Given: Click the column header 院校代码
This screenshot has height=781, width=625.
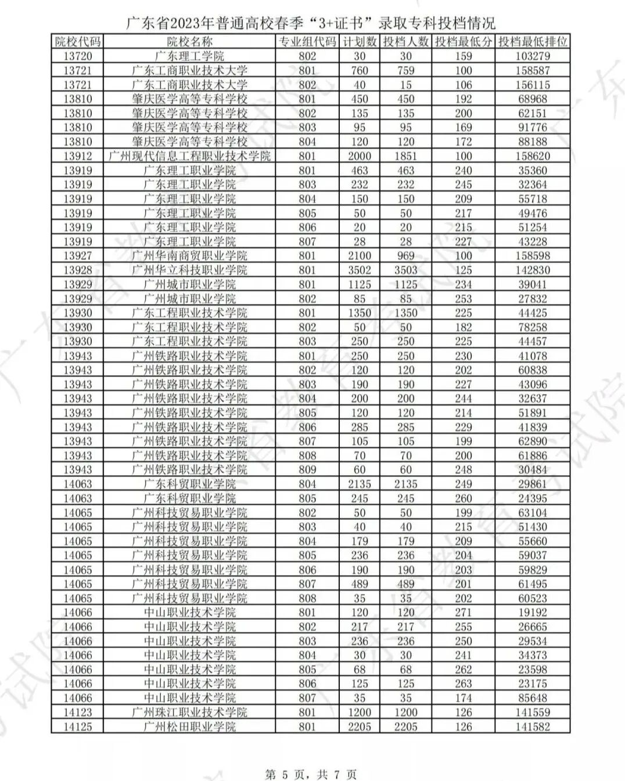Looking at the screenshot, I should (x=77, y=41).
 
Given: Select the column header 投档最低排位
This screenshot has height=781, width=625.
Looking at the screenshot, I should (x=533, y=41).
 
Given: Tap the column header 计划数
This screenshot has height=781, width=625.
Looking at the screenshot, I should (x=360, y=41).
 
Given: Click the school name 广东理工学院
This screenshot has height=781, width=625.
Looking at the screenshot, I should (x=190, y=56).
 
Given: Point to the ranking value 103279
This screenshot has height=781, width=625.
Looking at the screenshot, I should (x=533, y=56).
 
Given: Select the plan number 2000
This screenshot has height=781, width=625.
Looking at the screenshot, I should (x=360, y=156).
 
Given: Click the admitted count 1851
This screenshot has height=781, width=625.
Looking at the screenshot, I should (x=405, y=156).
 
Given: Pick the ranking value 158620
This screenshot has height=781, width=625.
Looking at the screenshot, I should (x=533, y=156).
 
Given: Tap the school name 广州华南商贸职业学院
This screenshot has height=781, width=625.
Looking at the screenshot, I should (x=190, y=256).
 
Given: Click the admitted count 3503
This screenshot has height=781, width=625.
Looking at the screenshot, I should (x=405, y=270).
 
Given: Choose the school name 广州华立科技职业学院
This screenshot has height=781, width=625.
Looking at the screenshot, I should (x=190, y=270).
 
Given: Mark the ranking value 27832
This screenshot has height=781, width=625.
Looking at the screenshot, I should (x=533, y=299).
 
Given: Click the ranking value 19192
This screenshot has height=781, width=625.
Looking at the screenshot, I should (x=533, y=612).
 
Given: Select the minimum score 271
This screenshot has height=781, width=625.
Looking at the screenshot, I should (x=464, y=612).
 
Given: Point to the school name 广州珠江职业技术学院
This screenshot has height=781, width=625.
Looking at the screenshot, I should (x=190, y=713).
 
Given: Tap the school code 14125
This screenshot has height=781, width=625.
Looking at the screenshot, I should (x=77, y=726).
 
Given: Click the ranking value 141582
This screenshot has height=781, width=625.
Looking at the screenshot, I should (x=533, y=726).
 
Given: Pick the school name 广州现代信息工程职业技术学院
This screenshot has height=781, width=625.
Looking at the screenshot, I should (x=190, y=156).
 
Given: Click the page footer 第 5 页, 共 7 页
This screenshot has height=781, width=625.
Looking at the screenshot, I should (x=311, y=774).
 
